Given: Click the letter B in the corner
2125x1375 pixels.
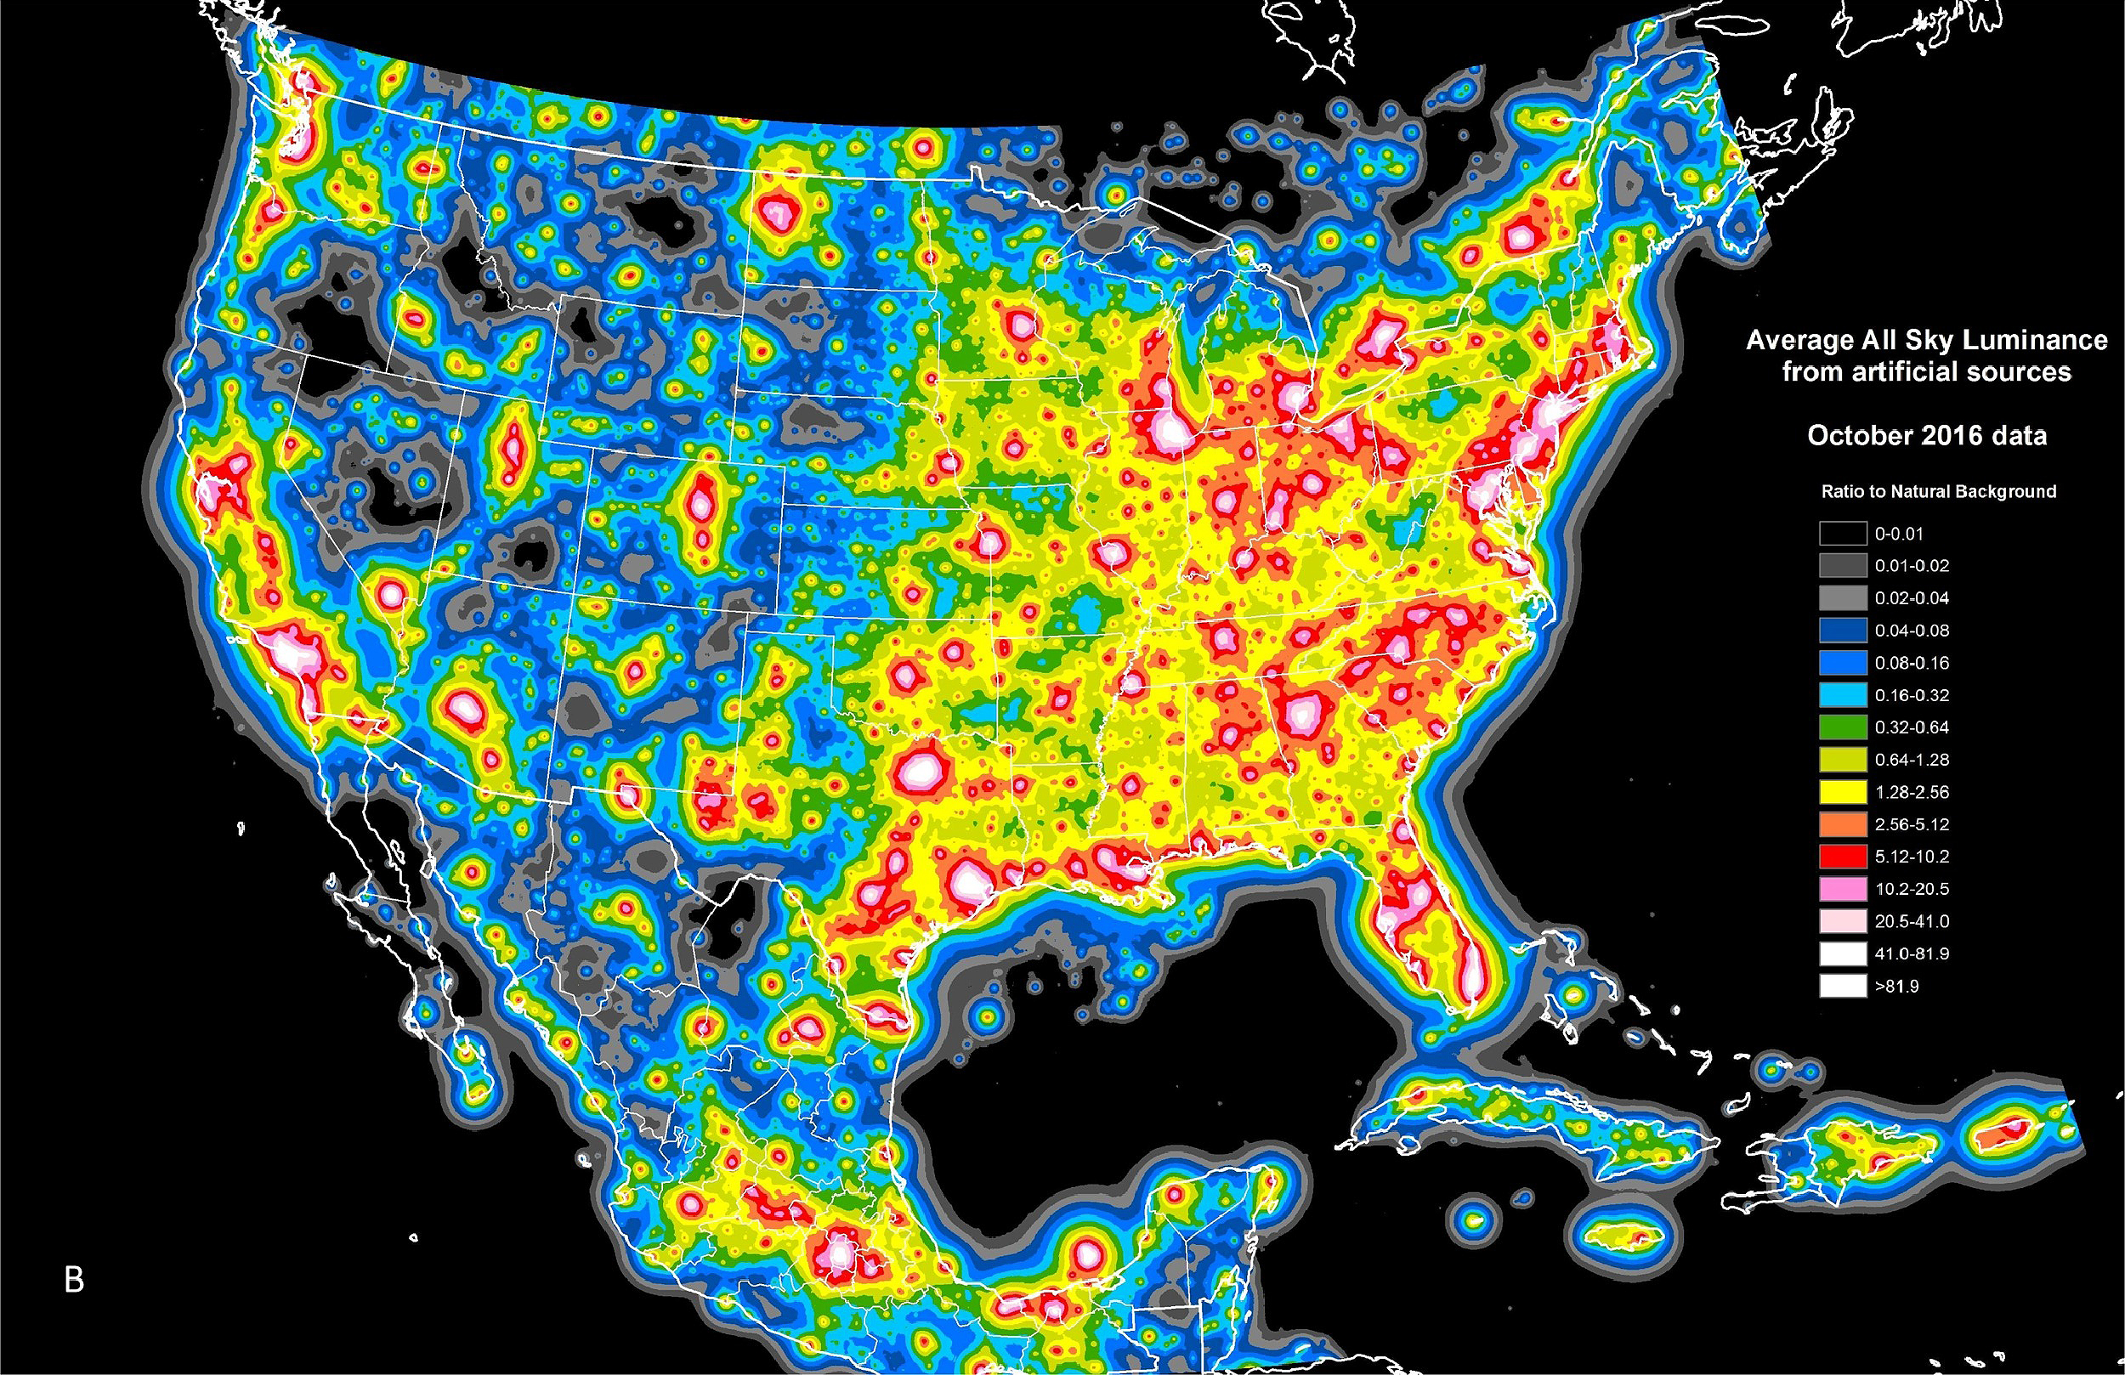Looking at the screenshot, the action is (x=74, y=1280).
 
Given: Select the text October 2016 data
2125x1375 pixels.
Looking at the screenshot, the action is (x=1927, y=436).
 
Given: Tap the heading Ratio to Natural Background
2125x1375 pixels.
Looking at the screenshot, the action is (x=1938, y=492).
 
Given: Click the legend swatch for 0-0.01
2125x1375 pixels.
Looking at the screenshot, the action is (x=1843, y=534).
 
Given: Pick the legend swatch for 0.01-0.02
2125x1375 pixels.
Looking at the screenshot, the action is (x=1843, y=566).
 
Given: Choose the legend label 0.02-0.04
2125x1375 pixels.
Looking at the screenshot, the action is (x=1912, y=598).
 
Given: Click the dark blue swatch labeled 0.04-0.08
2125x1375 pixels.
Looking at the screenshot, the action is (x=1843, y=631).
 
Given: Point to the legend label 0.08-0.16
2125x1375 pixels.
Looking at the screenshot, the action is (x=1912, y=663).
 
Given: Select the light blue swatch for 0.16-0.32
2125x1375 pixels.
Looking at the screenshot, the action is (x=1843, y=694).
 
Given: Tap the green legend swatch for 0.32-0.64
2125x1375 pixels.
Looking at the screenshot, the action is (x=1843, y=727).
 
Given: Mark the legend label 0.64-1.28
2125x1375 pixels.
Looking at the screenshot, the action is (x=1912, y=760).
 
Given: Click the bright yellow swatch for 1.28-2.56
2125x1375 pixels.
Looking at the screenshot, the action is (x=1843, y=792).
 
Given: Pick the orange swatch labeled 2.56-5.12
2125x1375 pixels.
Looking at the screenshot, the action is (x=1843, y=824).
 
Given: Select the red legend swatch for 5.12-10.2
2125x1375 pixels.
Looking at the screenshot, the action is (x=1843, y=857).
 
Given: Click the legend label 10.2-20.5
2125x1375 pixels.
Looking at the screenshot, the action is (x=1912, y=889).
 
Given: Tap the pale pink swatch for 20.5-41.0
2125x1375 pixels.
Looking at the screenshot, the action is (x=1843, y=921).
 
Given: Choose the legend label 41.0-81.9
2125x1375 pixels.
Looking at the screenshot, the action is (x=1912, y=953).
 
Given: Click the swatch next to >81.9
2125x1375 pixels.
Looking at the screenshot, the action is (x=1843, y=986).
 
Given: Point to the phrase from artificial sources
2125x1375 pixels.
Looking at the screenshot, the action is (x=1927, y=371).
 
